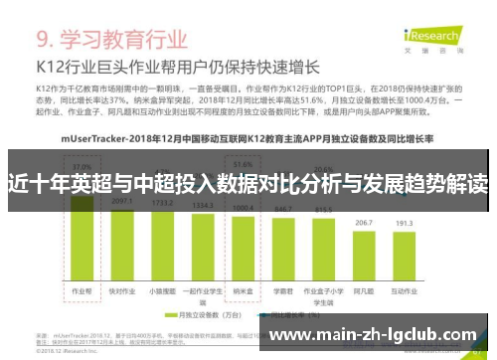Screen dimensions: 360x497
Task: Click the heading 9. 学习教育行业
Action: [x=111, y=42]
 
